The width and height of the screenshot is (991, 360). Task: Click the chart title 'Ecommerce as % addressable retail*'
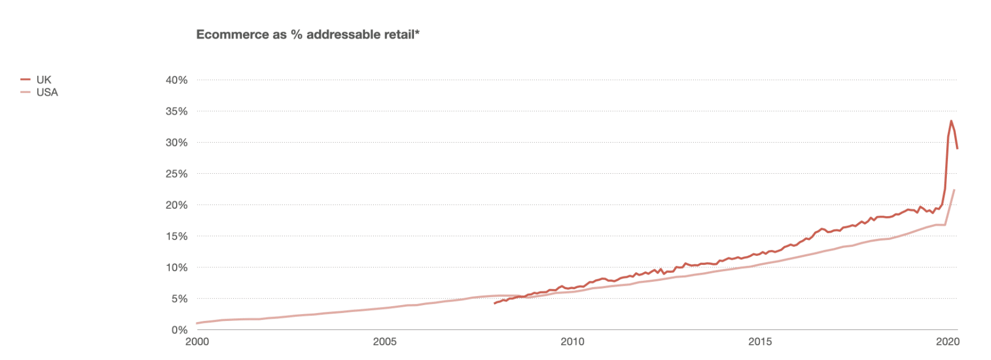coord(307,35)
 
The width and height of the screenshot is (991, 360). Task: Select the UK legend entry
coord(44,80)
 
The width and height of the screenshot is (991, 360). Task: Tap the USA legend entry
coord(47,92)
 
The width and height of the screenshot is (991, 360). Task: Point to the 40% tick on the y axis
coord(176,80)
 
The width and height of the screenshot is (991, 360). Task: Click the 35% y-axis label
coord(176,112)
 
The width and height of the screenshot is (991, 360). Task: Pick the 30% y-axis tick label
coord(176,143)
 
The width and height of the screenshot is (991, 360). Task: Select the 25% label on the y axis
coord(176,174)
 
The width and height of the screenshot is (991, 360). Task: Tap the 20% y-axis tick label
coord(176,205)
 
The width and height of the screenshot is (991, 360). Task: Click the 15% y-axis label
coord(176,236)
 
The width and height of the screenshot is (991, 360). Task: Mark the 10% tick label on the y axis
coord(176,267)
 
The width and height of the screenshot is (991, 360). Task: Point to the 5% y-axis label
coord(179,298)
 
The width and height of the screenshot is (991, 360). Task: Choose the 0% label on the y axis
coord(179,329)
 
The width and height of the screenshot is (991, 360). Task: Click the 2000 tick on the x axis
coord(197,341)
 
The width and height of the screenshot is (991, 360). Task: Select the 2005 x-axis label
coord(385,341)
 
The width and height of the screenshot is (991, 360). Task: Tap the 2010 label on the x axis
coord(573,341)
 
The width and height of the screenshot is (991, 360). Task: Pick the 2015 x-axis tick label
coord(760,341)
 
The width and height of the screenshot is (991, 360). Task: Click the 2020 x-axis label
coord(947,341)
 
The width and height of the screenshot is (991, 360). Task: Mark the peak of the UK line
coord(951,121)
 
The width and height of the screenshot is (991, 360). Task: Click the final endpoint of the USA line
coord(955,190)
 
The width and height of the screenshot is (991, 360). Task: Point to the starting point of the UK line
coord(494,303)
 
